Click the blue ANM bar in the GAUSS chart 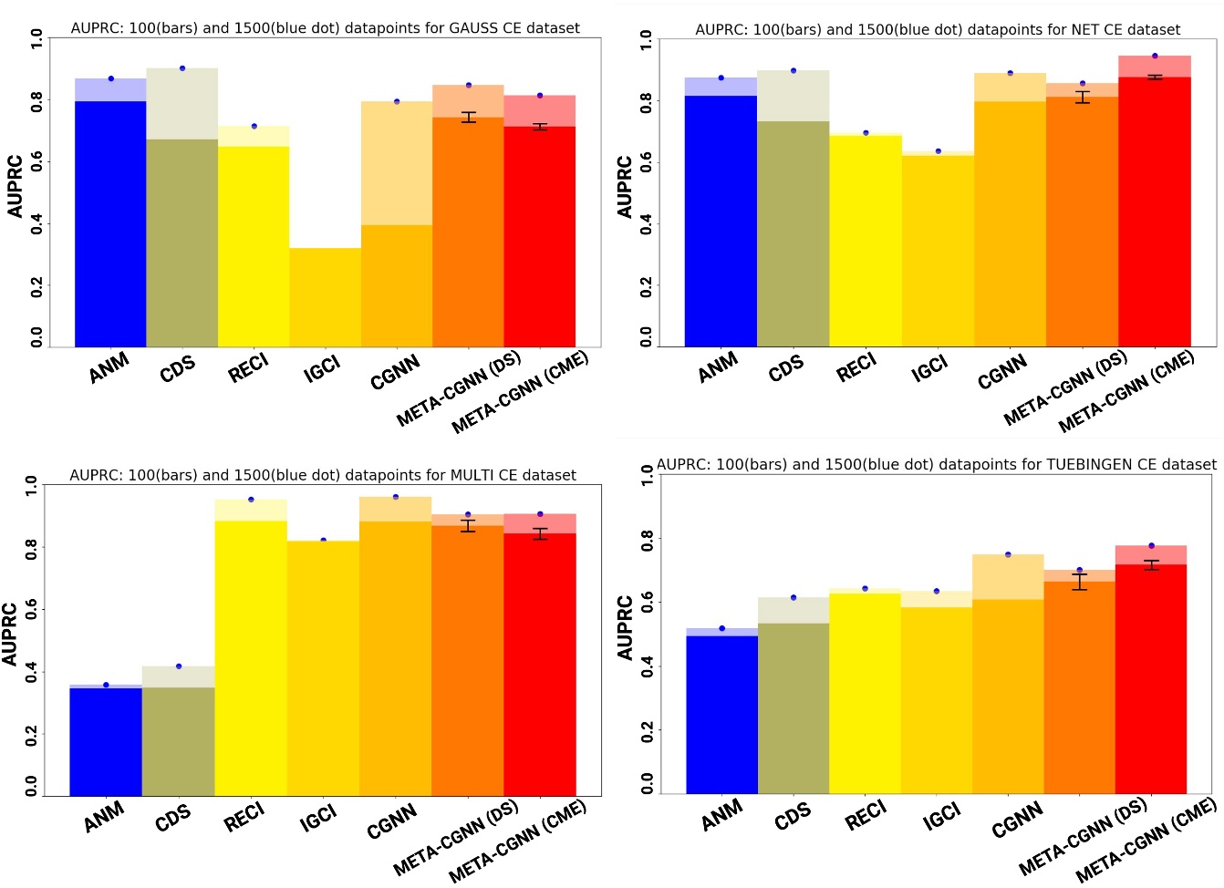click(x=110, y=223)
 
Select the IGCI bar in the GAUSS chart click(x=325, y=297)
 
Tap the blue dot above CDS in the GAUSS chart click(x=182, y=68)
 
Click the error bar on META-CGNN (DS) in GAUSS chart click(x=469, y=117)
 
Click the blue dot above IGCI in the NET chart click(x=938, y=151)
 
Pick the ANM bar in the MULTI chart click(x=106, y=741)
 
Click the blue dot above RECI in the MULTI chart click(x=251, y=500)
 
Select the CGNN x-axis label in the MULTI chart click(x=392, y=821)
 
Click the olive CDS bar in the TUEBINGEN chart click(x=794, y=707)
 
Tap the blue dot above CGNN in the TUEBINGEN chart click(x=1008, y=554)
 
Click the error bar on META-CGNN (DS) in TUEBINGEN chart click(x=1080, y=582)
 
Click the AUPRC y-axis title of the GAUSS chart click(x=16, y=187)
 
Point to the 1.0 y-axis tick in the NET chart click(x=645, y=39)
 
